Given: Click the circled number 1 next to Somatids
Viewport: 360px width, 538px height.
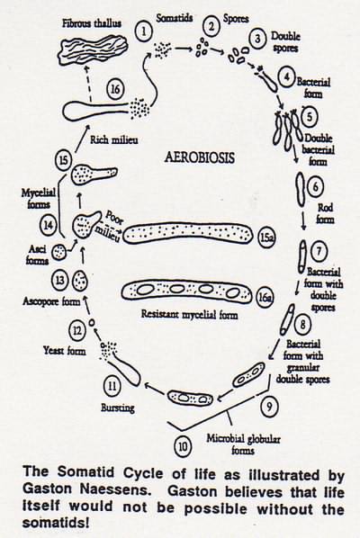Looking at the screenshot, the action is [144, 31].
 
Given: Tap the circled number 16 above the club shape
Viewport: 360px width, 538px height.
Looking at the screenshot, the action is [115, 89].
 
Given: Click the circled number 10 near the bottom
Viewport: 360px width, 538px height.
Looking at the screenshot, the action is [183, 447].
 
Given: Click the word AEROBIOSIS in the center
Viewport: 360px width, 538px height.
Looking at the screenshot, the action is [200, 157].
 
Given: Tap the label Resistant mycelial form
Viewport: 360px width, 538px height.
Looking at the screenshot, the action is [189, 314].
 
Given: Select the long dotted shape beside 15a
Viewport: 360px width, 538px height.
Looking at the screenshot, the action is [188, 233].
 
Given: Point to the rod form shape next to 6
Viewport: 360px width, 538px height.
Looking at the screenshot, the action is [301, 190].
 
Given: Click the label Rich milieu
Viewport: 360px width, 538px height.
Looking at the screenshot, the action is [114, 140].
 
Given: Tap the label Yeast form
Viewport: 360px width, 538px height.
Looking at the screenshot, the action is [65, 350].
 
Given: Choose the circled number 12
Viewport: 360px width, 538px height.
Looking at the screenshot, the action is [76, 330].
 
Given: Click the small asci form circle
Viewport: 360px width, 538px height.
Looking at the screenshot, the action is [59, 253].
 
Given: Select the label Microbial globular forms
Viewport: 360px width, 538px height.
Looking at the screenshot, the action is [243, 444].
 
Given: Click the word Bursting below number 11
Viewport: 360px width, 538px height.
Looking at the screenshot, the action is [118, 408].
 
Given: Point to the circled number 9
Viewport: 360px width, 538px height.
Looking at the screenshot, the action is [269, 407].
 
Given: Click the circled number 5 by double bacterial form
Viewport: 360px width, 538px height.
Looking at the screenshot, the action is [310, 116].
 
